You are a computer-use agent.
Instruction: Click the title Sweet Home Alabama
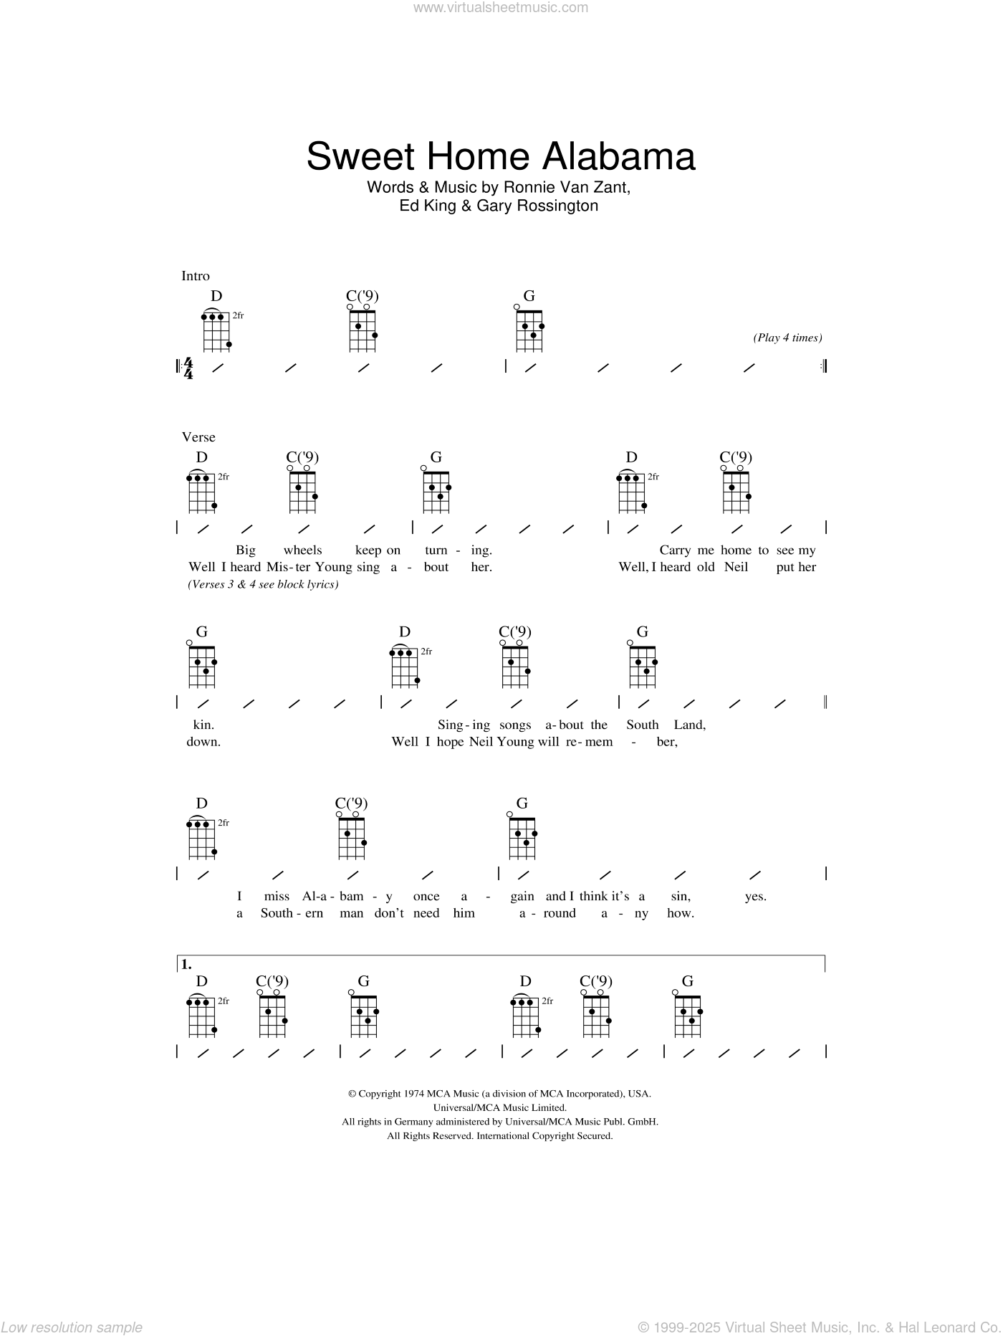501,156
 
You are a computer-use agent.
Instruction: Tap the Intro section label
196,276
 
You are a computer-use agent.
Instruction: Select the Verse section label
198,436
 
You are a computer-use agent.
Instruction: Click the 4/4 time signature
188,368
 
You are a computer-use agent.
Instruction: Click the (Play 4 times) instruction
787,338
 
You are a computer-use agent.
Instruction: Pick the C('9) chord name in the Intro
362,295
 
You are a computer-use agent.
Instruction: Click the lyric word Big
246,550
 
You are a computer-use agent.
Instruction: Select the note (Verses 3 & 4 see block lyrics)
263,584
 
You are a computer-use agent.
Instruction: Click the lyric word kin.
201,725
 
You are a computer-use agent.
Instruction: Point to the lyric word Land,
688,725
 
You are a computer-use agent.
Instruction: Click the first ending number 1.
186,965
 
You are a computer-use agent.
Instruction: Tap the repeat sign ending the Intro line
824,367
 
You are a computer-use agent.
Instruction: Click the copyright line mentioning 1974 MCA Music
499,1094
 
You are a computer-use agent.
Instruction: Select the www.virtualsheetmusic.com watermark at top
501,8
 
